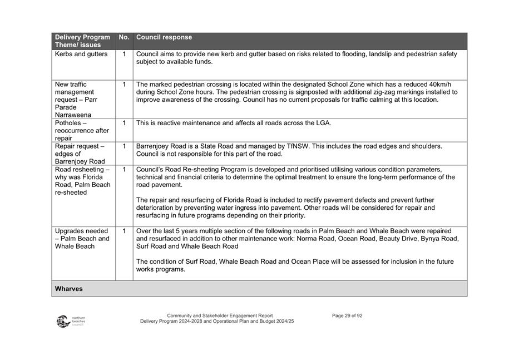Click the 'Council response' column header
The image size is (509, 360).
tap(164, 37)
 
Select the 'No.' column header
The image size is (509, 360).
tap(123, 37)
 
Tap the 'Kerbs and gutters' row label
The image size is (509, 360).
tap(82, 55)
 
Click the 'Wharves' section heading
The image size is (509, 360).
tap(69, 289)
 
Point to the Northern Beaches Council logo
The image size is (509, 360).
tap(70, 322)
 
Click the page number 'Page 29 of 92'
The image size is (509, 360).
tap(347, 315)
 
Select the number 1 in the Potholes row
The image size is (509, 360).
tap(124, 123)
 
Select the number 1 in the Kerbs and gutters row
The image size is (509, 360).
tap(124, 55)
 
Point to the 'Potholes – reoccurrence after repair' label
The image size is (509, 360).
tap(82, 131)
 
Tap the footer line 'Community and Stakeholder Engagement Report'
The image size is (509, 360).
tap(220, 315)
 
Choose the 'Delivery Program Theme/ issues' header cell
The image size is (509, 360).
tap(82, 41)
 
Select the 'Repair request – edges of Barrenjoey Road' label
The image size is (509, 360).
tap(80, 154)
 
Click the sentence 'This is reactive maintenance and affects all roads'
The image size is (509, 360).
tap(234, 123)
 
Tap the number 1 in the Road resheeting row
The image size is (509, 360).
tap(124, 169)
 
